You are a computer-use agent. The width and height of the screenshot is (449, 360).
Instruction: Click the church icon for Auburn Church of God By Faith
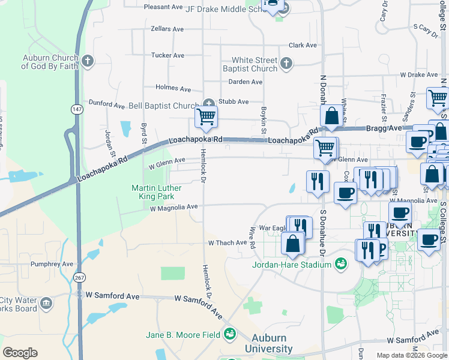[88, 61]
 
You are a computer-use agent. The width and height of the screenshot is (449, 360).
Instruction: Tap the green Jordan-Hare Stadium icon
[340, 263]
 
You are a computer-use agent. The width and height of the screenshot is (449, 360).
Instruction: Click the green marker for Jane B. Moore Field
[229, 333]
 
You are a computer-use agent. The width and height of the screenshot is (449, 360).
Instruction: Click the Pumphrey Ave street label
[53, 264]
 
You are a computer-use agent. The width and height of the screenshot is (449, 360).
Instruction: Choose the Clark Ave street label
[303, 45]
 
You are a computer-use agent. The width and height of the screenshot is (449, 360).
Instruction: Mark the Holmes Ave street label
[173, 89]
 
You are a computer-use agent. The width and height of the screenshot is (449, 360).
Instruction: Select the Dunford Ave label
[106, 104]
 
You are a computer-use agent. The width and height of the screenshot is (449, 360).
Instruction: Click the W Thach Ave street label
[228, 243]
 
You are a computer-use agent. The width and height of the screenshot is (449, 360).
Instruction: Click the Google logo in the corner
[20, 353]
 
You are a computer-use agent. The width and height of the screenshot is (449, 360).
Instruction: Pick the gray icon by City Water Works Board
[46, 304]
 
